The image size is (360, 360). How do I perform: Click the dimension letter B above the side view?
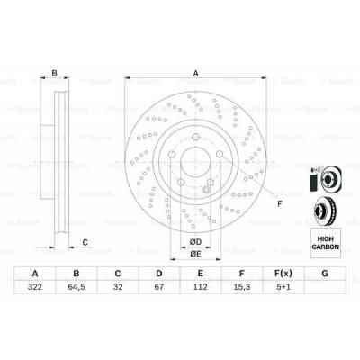pos(55,74)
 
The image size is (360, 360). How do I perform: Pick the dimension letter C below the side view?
pos(85,241)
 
